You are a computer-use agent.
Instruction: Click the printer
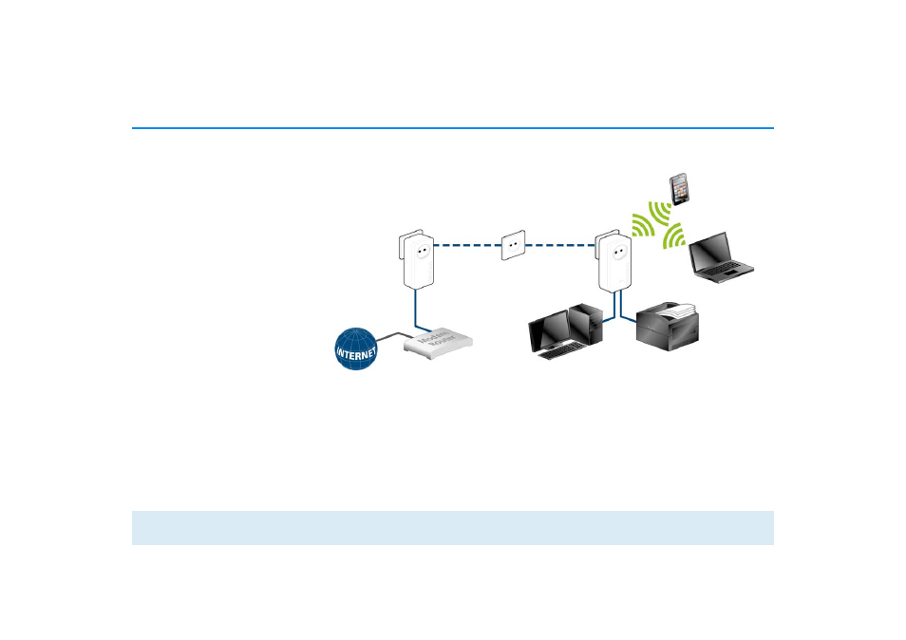pos(667,328)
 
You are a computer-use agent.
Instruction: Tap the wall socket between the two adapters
pos(513,244)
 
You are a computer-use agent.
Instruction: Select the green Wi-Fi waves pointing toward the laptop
pos(674,236)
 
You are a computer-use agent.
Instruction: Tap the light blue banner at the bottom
pos(452,528)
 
